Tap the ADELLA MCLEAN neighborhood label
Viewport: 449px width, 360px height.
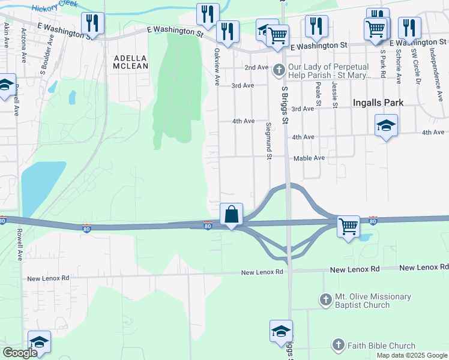tap(130, 62)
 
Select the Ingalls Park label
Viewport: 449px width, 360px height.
tap(378, 103)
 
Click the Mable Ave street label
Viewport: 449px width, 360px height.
tap(309, 158)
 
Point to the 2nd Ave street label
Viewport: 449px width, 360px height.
tap(256, 68)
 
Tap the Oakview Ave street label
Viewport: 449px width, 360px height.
tap(216, 67)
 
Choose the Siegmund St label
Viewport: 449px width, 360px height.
tap(269, 142)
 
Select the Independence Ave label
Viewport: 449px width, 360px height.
tap(432, 66)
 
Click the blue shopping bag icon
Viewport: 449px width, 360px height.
tap(231, 214)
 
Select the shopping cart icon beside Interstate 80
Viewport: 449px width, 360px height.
tap(348, 226)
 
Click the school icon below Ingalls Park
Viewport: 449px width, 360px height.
tap(386, 125)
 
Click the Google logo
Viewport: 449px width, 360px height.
tap(19, 353)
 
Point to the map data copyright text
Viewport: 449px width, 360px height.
tap(412, 355)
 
